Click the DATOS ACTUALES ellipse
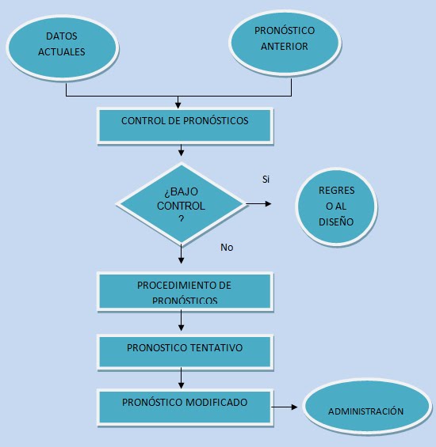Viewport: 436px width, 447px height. [x=63, y=47]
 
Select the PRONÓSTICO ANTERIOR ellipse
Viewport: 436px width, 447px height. [x=285, y=43]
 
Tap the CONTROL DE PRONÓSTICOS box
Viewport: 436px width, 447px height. [x=185, y=126]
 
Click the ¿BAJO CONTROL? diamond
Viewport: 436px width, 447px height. [x=182, y=203]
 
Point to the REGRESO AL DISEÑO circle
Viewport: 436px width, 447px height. [x=336, y=206]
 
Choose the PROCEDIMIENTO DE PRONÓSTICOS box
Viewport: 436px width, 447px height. [x=185, y=291]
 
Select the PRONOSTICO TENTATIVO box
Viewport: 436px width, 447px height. [x=185, y=352]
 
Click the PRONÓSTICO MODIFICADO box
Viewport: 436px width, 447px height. [x=185, y=407]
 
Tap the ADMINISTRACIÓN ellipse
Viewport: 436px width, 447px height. [x=367, y=407]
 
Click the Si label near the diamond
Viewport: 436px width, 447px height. [x=266, y=180]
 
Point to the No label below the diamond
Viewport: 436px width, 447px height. [x=227, y=248]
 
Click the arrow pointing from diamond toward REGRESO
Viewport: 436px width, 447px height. [x=258, y=204]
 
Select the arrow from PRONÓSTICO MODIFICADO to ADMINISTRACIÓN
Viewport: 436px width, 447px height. [x=285, y=407]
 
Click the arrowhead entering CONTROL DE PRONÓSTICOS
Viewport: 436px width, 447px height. [x=178, y=105]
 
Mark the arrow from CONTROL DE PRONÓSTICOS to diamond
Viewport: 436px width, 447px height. [x=181, y=150]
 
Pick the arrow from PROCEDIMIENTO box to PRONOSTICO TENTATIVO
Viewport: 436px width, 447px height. [x=181, y=321]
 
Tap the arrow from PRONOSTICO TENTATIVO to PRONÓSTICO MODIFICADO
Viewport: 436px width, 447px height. [x=181, y=378]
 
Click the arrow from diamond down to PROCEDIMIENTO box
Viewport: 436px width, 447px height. [x=181, y=254]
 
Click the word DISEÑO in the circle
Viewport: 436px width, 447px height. [x=336, y=222]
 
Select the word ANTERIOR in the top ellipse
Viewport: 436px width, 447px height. [x=285, y=46]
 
